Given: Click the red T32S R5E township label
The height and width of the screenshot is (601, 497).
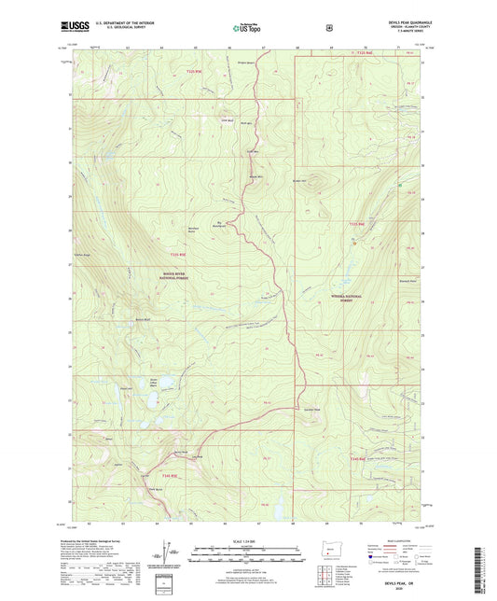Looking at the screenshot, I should click(x=192, y=70).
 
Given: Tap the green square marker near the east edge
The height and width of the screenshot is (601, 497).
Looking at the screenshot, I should click(x=401, y=186).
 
